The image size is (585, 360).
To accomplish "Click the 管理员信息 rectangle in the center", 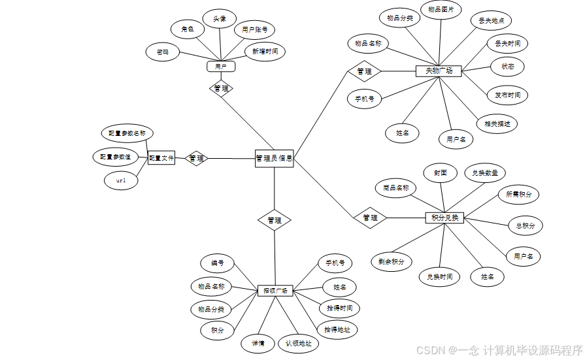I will pyautogui.click(x=274, y=158).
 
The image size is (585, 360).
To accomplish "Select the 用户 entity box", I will pyautogui.click(x=221, y=66).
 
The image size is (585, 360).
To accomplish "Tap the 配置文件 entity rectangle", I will pyautogui.click(x=161, y=157).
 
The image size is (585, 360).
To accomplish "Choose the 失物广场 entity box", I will pyautogui.click(x=439, y=71).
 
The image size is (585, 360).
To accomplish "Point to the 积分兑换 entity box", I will pyautogui.click(x=444, y=218).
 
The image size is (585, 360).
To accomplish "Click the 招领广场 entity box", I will pyautogui.click(x=275, y=290).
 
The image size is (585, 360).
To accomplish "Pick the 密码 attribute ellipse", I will pyautogui.click(x=162, y=52).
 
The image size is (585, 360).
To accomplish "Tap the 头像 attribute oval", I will pyautogui.click(x=219, y=19).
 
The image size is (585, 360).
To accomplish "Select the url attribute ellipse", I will pyautogui.click(x=121, y=180).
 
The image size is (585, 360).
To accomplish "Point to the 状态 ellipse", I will pyautogui.click(x=507, y=67).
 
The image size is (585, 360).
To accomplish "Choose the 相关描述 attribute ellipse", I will pyautogui.click(x=497, y=123).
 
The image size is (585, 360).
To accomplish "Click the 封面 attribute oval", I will pyautogui.click(x=440, y=173).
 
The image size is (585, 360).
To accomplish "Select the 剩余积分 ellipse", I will pyautogui.click(x=391, y=261).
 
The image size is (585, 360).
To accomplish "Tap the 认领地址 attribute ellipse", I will pyautogui.click(x=298, y=343).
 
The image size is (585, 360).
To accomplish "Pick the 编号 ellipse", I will pyautogui.click(x=217, y=264).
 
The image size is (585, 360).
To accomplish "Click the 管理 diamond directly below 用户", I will pyautogui.click(x=221, y=88).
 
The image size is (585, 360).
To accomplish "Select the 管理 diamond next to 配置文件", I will pyautogui.click(x=196, y=158).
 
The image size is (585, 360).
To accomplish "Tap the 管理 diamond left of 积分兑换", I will pyautogui.click(x=370, y=218).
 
